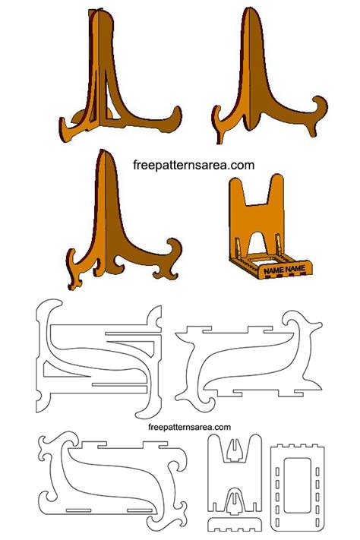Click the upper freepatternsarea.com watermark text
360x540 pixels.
194,165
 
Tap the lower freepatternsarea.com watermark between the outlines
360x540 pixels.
189,427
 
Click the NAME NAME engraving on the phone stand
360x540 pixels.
285,270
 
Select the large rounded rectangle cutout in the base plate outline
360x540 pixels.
297,485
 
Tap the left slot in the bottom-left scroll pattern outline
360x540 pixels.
79,510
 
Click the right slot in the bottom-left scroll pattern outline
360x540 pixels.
140,510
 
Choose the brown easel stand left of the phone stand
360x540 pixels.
123,220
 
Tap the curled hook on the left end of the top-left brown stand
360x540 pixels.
65,128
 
